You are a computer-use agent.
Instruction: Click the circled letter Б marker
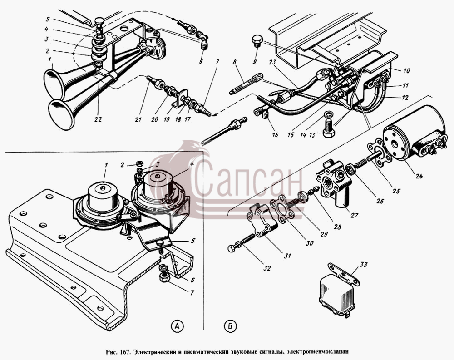tap(230, 326)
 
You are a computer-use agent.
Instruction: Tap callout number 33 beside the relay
tap(364, 265)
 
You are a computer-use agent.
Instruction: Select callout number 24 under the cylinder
tap(419, 176)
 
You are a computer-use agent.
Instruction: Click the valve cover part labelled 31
tap(260, 221)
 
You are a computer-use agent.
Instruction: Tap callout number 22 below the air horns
tap(98, 119)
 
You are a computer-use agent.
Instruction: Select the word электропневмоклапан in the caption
tap(318, 352)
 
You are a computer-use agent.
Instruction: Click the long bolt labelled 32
tap(241, 242)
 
